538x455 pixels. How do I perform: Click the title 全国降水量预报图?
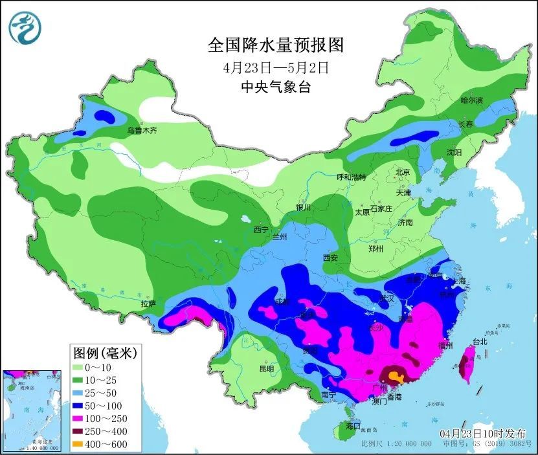pos(275,45)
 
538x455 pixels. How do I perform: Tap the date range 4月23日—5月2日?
pos(275,67)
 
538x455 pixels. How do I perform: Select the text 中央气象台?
pos(275,87)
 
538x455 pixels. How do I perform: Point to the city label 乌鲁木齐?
pos(141,130)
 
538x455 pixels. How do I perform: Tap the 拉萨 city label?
pos(148,304)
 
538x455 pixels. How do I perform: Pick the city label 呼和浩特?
pos(351,177)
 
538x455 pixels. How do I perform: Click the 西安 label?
pos(330,258)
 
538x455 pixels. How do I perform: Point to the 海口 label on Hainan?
pos(352,427)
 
